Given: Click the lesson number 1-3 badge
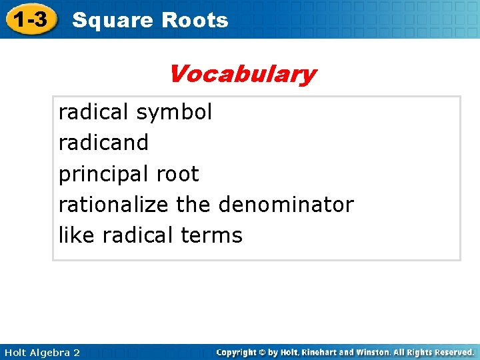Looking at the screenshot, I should coord(31,20).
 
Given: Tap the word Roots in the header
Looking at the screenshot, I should coord(195,21).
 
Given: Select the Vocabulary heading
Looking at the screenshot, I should coord(242,73).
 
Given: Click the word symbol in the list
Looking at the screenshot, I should coord(174,112).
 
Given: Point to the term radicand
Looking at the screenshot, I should coord(104,143).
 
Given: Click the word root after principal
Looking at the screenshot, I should coord(177,175).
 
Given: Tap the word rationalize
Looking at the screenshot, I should coord(113,205).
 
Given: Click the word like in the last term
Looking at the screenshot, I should coord(77,235).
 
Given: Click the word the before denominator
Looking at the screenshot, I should coord(193,205).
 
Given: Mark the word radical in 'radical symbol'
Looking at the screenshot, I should coord(94,112).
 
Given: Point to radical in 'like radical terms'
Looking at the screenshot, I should coord(138,235).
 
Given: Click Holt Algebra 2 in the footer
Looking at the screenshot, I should coord(41,352).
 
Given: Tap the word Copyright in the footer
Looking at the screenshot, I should coord(237,352).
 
